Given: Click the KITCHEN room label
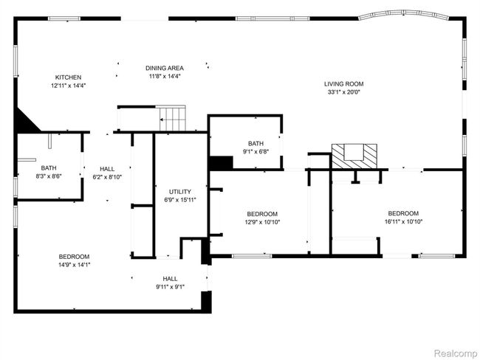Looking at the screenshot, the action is (x=68, y=77).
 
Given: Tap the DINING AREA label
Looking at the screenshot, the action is (x=165, y=68).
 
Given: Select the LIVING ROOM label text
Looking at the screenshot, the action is (x=344, y=84).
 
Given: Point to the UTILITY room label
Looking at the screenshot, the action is (x=180, y=192).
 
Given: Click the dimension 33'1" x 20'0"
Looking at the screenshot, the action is (x=344, y=92).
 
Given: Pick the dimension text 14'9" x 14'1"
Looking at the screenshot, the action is (x=74, y=265).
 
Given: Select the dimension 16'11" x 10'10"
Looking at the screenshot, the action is (x=403, y=222).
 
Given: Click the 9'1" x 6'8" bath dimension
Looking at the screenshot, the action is (x=256, y=151).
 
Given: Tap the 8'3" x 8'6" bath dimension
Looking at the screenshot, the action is (x=49, y=176).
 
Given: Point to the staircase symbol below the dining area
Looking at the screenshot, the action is (x=173, y=118).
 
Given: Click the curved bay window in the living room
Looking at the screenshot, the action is (x=403, y=14).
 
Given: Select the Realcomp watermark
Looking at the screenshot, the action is (x=456, y=353).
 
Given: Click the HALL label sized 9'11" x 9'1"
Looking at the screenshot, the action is (x=170, y=279).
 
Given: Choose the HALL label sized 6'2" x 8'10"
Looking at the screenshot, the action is (x=107, y=169).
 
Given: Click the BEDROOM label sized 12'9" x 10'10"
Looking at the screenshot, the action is (x=262, y=214).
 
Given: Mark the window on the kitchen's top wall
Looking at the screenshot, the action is (x=64, y=18).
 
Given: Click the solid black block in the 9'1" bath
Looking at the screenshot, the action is (x=221, y=163).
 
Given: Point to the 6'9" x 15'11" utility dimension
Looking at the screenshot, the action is (x=180, y=200).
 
